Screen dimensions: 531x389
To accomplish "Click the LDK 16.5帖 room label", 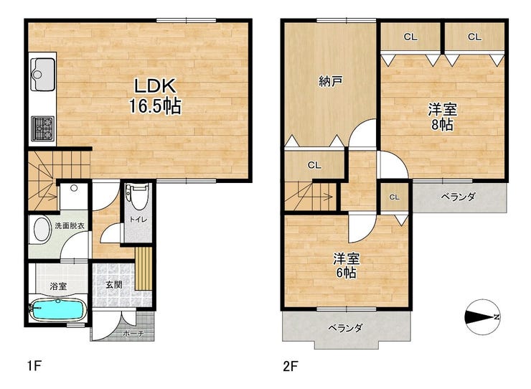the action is pyautogui.click(x=155, y=96).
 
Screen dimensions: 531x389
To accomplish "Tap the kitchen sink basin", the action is pyautogui.click(x=42, y=75).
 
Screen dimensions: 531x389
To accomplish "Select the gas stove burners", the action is pyautogui.click(x=42, y=128).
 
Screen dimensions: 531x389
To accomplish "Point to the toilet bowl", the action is pyautogui.click(x=138, y=197).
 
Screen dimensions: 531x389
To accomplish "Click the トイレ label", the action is pyautogui.click(x=138, y=219).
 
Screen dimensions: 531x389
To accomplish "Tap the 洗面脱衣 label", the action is pyautogui.click(x=70, y=225).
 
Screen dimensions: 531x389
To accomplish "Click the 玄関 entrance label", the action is pyautogui.click(x=114, y=285).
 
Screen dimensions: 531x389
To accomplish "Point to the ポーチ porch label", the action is pyautogui.click(x=133, y=334).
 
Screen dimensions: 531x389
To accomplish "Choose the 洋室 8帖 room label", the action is pyautogui.click(x=443, y=117).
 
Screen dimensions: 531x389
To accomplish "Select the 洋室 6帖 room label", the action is pyautogui.click(x=346, y=266).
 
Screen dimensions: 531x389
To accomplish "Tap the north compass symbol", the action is pyautogui.click(x=482, y=317).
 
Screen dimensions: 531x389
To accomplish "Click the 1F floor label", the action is pyautogui.click(x=34, y=366).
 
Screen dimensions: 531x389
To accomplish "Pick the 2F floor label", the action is pyautogui.click(x=291, y=366).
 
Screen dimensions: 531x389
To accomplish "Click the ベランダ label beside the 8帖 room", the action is pyautogui.click(x=459, y=197).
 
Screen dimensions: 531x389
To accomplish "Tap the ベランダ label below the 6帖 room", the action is pyautogui.click(x=345, y=328).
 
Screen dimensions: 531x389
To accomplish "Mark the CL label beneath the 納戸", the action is pyautogui.click(x=314, y=165).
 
